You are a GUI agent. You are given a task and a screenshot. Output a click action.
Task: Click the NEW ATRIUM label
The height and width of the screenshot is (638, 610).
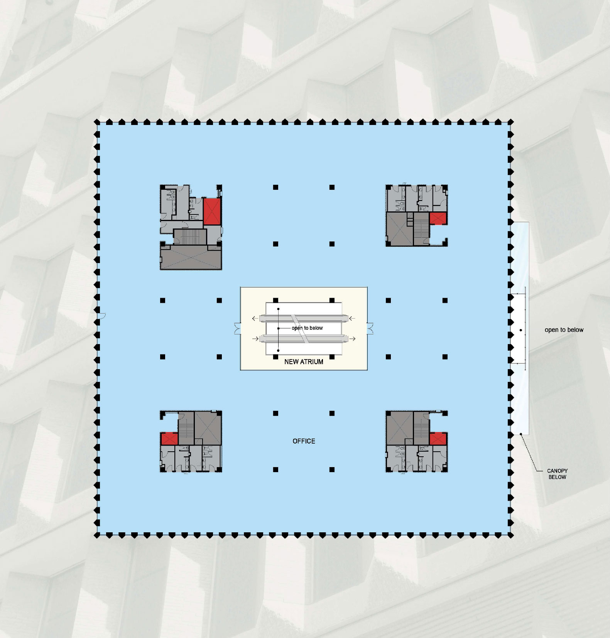[x=304, y=362]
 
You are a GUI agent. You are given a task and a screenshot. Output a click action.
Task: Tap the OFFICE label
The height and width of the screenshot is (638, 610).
[x=304, y=441]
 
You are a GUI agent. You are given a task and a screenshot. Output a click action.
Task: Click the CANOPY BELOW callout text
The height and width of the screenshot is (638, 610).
[x=557, y=474]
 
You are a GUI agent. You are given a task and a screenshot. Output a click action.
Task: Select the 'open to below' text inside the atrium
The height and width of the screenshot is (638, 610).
[x=307, y=328]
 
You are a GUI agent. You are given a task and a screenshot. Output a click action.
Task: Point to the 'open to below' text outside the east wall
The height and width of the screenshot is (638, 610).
[x=564, y=330]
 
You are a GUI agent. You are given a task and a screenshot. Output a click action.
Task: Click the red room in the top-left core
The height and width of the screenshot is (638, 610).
[x=212, y=211]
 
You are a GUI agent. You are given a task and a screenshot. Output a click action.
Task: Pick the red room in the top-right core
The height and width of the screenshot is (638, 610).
[x=438, y=218]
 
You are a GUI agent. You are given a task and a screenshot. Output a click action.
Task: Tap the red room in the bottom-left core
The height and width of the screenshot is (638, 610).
[x=169, y=439]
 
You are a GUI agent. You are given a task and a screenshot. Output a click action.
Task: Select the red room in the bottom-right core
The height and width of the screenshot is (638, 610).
[x=438, y=439]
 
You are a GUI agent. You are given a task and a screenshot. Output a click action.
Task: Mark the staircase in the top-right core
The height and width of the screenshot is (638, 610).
[x=421, y=228]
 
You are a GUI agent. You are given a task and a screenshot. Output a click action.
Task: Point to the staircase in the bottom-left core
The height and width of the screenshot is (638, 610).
[x=186, y=428]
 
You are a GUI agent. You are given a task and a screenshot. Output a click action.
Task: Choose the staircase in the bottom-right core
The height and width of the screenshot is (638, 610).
[x=421, y=428]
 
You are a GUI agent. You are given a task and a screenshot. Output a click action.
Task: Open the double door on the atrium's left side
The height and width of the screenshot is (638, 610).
[x=237, y=328]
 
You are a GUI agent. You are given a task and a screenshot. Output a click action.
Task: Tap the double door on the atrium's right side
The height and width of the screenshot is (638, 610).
[x=370, y=328]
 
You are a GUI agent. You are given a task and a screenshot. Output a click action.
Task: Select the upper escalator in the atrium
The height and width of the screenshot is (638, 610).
[x=304, y=318]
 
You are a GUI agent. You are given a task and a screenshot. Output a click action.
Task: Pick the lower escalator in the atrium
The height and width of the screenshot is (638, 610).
[x=304, y=339]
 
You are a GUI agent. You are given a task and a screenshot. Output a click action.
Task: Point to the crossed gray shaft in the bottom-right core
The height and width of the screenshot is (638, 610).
[x=400, y=428]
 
